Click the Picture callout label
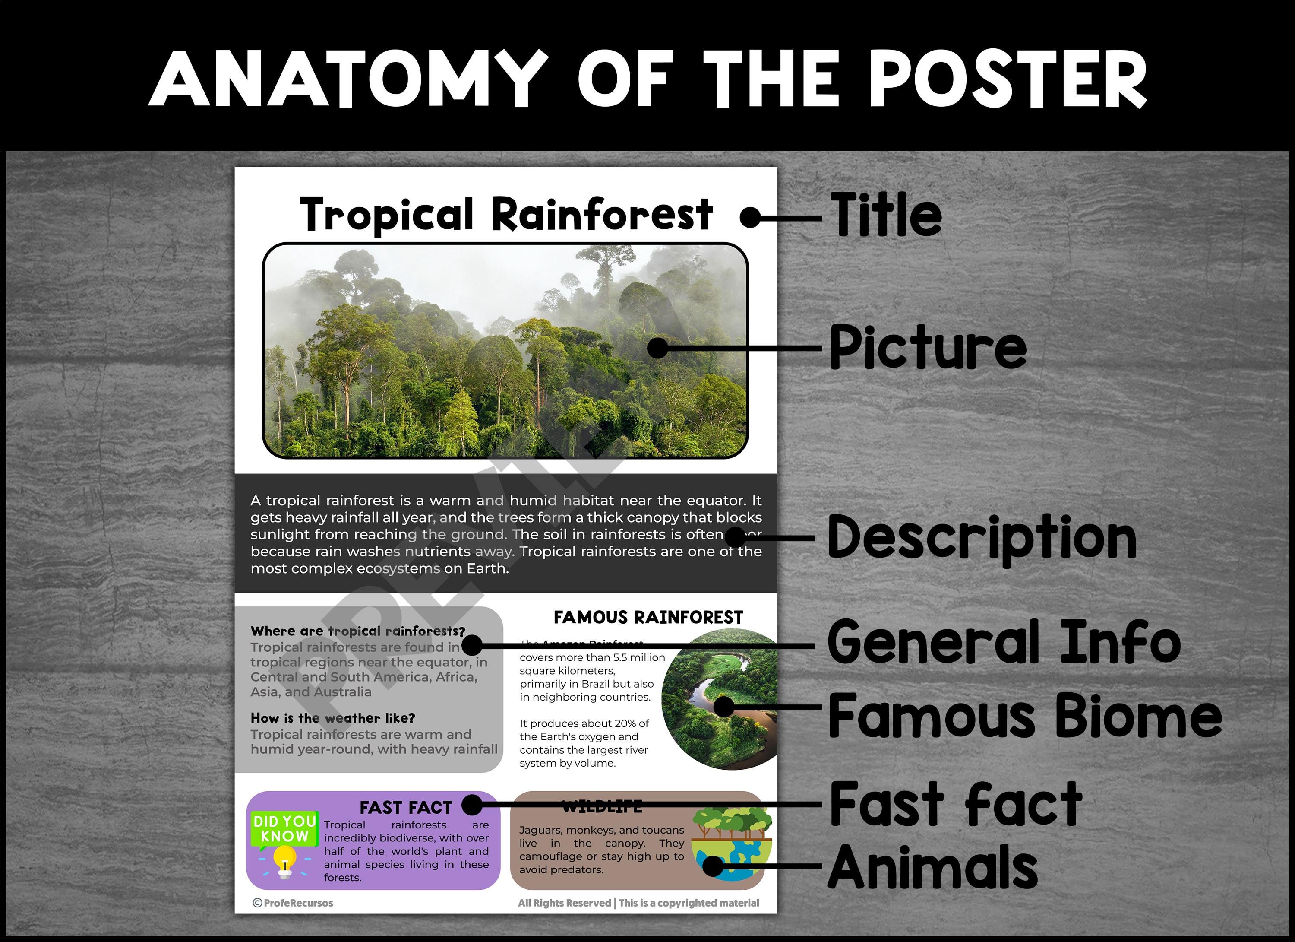[x=927, y=347]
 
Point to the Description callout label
[x=982, y=538]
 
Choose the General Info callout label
[x=1004, y=643]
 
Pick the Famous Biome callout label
[x=1025, y=715]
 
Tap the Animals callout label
[x=932, y=866]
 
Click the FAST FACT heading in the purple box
[x=405, y=808]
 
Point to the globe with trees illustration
[x=731, y=844]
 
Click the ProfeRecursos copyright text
[x=293, y=903]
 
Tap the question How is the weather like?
[x=332, y=718]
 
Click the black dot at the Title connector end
[x=750, y=218]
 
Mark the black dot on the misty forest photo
[x=658, y=348]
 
